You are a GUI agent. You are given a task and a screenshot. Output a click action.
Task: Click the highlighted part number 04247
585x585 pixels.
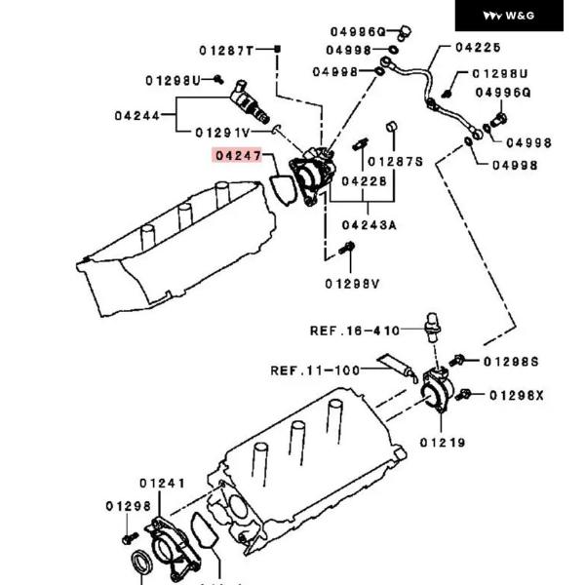click(238, 155)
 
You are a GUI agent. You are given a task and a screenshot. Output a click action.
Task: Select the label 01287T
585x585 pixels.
click(226, 50)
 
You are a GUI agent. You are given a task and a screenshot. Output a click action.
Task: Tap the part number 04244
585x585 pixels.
click(137, 115)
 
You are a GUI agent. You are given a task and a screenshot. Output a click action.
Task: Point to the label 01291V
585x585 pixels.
click(222, 132)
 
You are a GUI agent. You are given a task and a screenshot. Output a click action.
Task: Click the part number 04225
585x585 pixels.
click(478, 47)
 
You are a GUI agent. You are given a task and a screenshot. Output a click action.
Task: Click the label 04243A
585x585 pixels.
click(369, 225)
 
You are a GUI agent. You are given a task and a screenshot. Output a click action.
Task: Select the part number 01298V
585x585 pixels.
click(352, 284)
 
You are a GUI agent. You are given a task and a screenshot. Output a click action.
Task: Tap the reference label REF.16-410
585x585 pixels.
click(355, 331)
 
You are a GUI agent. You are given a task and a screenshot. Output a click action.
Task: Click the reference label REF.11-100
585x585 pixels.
click(315, 370)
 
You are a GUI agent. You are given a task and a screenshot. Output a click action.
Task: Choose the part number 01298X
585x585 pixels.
click(517, 395)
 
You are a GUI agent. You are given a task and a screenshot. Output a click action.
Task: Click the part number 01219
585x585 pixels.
click(443, 442)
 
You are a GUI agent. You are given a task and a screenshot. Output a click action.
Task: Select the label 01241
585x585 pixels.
click(162, 482)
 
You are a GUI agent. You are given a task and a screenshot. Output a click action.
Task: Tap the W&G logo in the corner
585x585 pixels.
click(510, 16)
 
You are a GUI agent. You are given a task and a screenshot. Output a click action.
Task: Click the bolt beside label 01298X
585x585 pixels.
click(466, 395)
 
